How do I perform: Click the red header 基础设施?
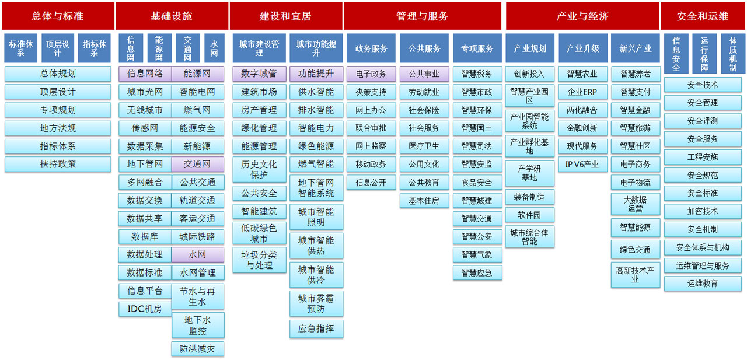(x=172, y=16)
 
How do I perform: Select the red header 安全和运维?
(x=702, y=16)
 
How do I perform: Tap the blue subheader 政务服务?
(x=371, y=48)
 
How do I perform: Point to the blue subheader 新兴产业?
(x=636, y=48)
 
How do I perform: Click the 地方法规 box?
(x=58, y=128)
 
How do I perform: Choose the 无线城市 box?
(x=145, y=110)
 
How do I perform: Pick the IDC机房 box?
(x=145, y=309)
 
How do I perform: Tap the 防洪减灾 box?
(x=198, y=349)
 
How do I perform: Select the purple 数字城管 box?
(x=259, y=74)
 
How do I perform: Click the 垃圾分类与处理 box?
(x=259, y=260)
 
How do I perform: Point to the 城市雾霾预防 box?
(x=316, y=303)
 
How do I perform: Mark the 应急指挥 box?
(x=316, y=328)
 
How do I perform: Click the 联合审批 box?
(x=371, y=128)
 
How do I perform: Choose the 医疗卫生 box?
(x=424, y=146)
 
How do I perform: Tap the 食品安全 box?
(x=477, y=182)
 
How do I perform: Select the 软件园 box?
(x=529, y=215)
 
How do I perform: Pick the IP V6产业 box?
(x=582, y=165)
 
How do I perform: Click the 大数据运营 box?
(x=636, y=204)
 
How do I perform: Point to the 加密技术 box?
(x=703, y=211)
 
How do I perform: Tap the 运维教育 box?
(x=703, y=284)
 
